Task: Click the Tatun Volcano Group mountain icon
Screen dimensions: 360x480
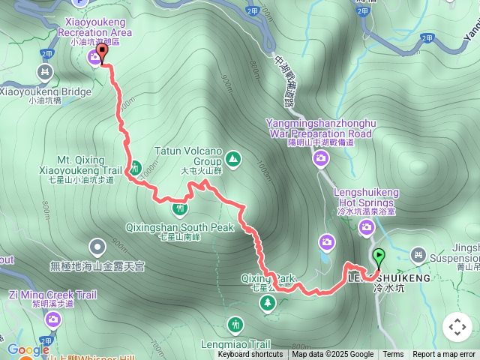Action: pyautogui.click(x=232, y=158)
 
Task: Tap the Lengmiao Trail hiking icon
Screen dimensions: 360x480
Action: pyautogui.click(x=237, y=325)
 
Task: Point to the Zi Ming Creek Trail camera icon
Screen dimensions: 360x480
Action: pyautogui.click(x=52, y=320)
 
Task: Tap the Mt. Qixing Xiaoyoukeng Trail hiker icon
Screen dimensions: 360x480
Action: pyautogui.click(x=135, y=166)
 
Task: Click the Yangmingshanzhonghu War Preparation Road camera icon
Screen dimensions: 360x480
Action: pyautogui.click(x=321, y=158)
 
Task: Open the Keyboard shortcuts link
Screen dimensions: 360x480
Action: pyautogui.click(x=250, y=355)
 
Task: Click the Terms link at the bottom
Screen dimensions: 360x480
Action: pyautogui.click(x=393, y=355)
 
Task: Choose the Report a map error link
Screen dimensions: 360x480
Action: pyautogui.click(x=444, y=355)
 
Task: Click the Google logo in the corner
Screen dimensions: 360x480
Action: pyautogui.click(x=28, y=349)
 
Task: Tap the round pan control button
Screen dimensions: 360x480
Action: pyautogui.click(x=457, y=327)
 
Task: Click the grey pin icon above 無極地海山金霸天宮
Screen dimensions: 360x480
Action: pyautogui.click(x=97, y=246)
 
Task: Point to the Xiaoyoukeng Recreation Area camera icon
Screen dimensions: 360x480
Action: pyautogui.click(x=95, y=57)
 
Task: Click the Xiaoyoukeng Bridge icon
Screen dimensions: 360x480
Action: pyautogui.click(x=45, y=73)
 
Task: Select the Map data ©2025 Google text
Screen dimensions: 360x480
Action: pyautogui.click(x=332, y=355)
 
